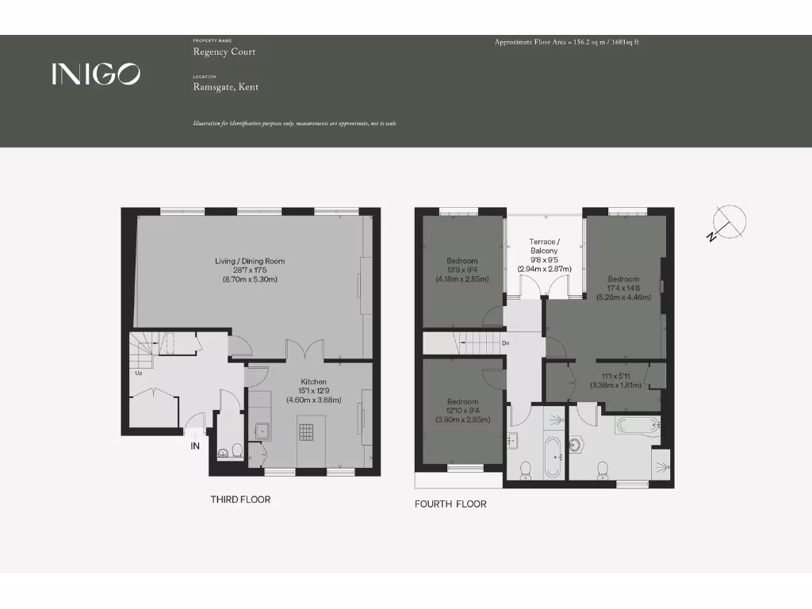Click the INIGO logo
point(96,74)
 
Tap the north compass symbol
point(727,223)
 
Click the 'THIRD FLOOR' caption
point(240,500)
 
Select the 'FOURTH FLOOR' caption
point(450,504)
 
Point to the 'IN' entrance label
point(195,446)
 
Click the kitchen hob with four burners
point(306,431)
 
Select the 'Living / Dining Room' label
point(250,261)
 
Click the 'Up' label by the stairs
point(139,373)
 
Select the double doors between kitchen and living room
point(305,350)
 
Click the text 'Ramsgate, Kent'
point(226,87)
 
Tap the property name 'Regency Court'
point(224,52)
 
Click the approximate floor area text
point(566,41)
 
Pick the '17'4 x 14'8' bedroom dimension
point(623,289)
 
